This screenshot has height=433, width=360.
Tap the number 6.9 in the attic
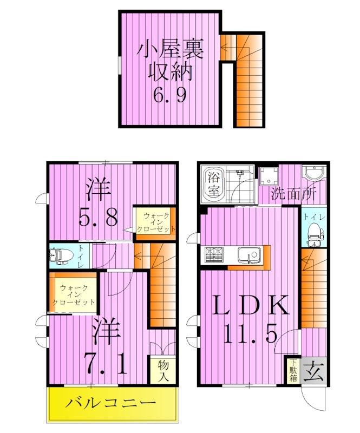[x=169, y=96]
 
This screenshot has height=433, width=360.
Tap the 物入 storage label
[x=162, y=370]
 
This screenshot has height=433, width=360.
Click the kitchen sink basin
[x=250, y=254]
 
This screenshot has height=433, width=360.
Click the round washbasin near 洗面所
[x=313, y=175]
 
